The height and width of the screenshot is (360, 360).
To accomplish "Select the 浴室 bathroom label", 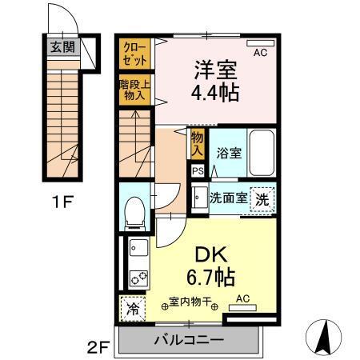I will pos(230,153).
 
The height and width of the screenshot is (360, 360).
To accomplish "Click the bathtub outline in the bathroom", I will pos(262,151).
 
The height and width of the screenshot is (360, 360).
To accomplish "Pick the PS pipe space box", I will pos(197,170).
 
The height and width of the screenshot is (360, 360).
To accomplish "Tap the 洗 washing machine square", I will pos(262,198).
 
